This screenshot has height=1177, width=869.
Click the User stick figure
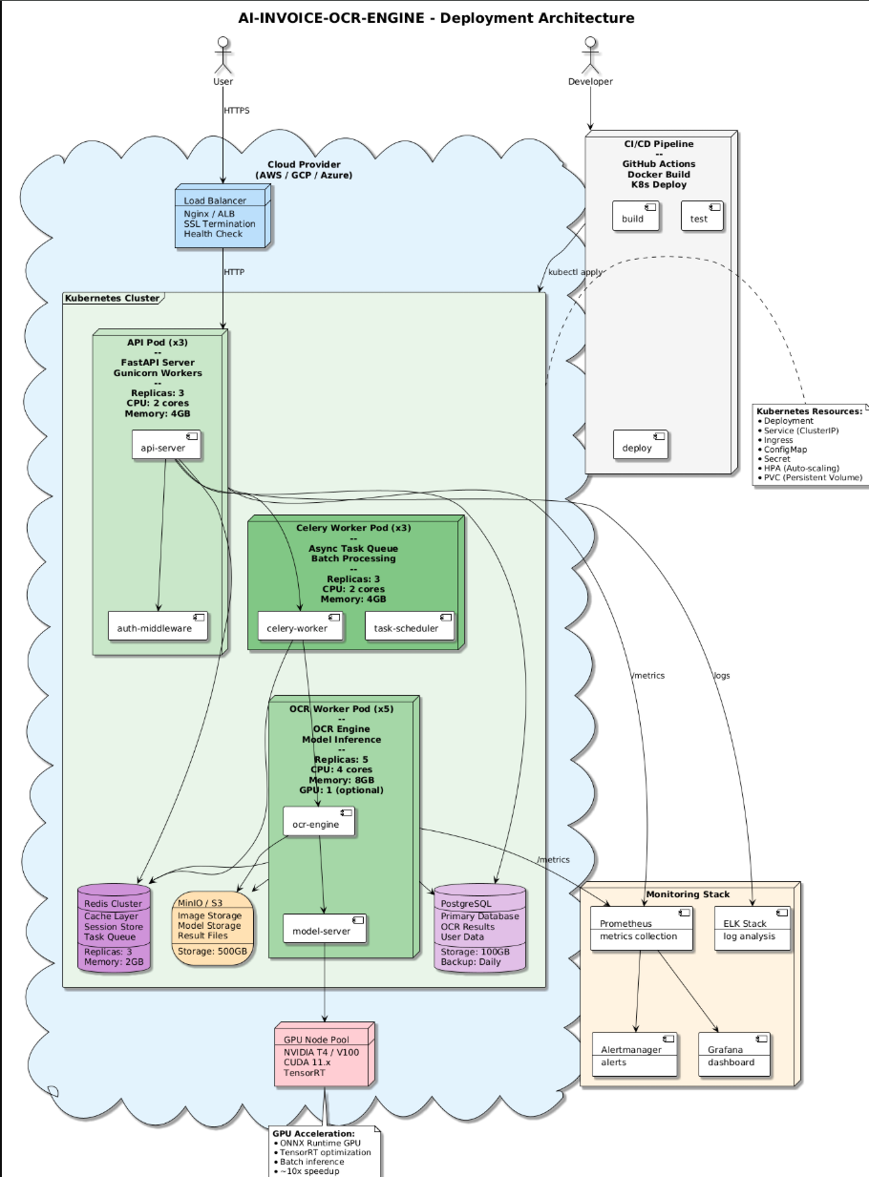[223, 55]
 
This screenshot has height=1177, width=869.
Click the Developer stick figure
[590, 55]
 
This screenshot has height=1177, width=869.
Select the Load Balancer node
[223, 216]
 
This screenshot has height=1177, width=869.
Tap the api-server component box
[167, 445]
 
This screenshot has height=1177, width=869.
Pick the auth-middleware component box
[158, 625]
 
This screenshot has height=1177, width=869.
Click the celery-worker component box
[301, 625]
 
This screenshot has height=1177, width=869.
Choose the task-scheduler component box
[410, 625]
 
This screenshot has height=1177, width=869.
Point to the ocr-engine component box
[319, 822]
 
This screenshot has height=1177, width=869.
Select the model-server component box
[325, 928]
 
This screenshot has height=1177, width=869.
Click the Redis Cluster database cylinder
[115, 928]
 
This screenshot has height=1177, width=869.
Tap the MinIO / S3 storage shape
[212, 928]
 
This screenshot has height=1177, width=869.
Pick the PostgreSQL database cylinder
[480, 928]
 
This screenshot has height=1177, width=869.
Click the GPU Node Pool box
[325, 1055]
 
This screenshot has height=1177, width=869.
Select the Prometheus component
[642, 928]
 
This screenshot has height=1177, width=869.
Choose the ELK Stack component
[752, 928]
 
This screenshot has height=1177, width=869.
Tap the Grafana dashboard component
[734, 1055]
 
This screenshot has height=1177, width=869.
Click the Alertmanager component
[635, 1055]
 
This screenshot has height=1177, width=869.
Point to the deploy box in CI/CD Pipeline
[640, 445]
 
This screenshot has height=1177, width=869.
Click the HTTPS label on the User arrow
[236, 111]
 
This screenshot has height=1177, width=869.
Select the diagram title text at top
[435, 18]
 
